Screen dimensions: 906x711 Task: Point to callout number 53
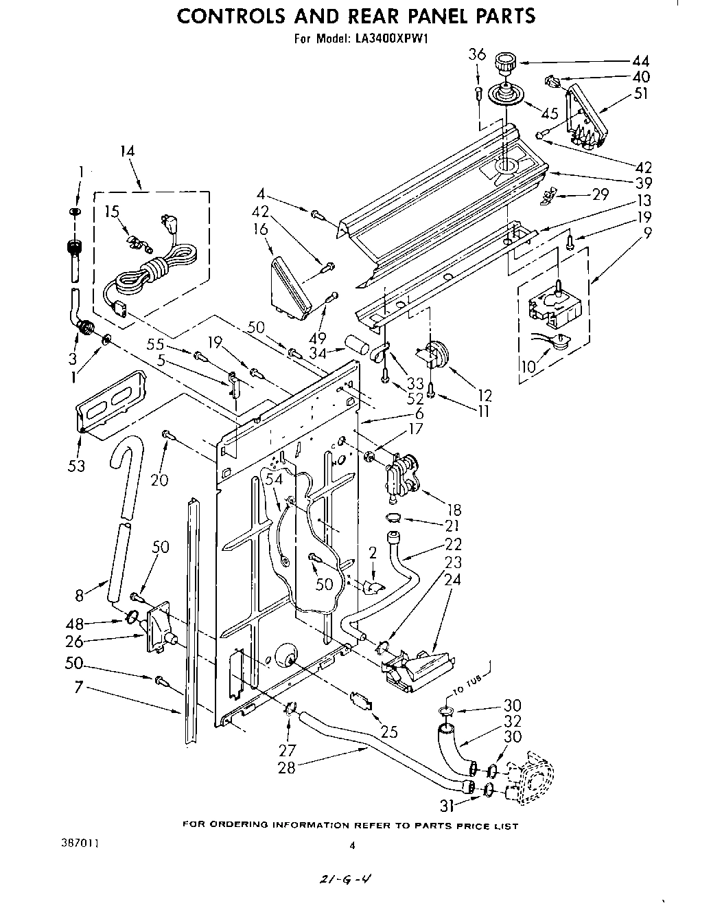click(x=76, y=466)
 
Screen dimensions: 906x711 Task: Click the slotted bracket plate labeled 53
click(x=111, y=403)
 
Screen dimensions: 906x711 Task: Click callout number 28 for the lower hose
click(x=286, y=767)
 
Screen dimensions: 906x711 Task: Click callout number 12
click(x=485, y=396)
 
